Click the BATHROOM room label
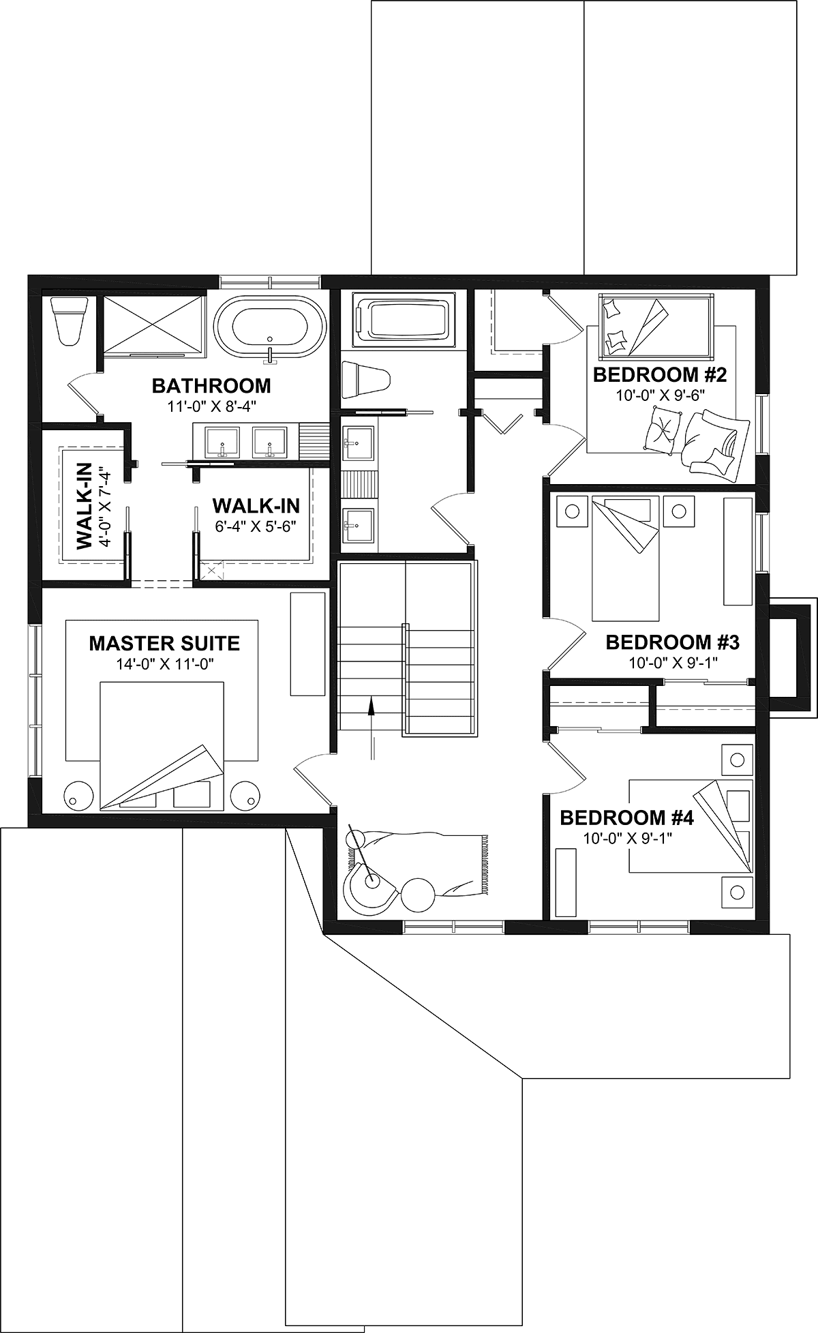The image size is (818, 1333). [x=211, y=386]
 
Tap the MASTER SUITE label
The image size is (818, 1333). [x=164, y=643]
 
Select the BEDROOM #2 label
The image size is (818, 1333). [x=651, y=375]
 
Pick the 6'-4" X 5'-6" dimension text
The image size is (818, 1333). [x=256, y=526]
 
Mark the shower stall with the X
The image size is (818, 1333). [x=153, y=325]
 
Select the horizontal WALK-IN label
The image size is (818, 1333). [x=256, y=505]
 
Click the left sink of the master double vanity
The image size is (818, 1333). [x=222, y=442]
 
